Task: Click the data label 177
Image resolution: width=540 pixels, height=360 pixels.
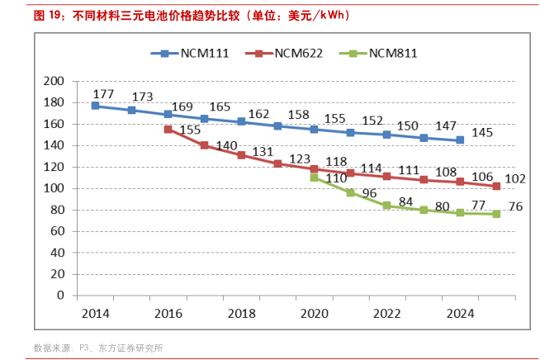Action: pos(103,94)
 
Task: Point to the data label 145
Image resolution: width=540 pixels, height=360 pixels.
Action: pos(482,132)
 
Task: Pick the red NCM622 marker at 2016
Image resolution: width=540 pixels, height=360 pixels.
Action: pos(168,129)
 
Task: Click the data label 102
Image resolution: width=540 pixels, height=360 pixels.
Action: pos(514,178)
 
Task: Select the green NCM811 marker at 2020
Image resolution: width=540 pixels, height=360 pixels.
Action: pos(314,178)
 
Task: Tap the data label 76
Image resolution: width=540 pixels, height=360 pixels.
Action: pos(514,206)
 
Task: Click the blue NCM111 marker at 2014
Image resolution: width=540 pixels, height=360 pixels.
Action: pos(95,106)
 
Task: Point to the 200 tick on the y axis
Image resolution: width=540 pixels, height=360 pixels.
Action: pos(54,81)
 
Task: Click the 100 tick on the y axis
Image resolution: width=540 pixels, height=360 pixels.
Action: pos(54,188)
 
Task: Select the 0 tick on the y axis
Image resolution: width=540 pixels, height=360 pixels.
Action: pos(60,295)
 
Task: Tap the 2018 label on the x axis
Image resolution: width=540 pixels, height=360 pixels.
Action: pos(241,314)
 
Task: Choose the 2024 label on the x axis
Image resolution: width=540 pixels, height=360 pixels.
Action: pos(460,314)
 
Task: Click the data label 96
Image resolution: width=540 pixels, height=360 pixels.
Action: pos(368,193)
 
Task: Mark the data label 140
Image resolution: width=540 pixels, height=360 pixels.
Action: pos(226,145)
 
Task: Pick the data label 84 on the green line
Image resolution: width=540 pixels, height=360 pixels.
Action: pos(405,201)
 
